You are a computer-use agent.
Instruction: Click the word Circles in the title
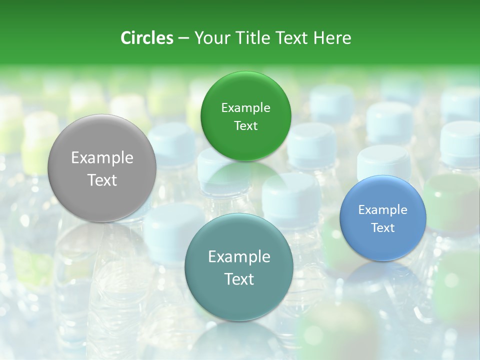point(146,38)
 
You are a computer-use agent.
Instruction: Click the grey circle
point(102,168)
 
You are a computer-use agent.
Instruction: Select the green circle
point(245,116)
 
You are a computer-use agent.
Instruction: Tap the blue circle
point(382,218)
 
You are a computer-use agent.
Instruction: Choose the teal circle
point(239,267)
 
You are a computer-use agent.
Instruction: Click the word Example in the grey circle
point(102,158)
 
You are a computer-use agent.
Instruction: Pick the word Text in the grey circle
point(102,180)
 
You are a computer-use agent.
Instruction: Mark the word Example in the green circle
point(245,108)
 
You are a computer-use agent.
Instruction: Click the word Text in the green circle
point(245,126)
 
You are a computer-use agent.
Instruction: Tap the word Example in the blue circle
point(382,210)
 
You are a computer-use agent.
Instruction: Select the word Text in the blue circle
point(382,228)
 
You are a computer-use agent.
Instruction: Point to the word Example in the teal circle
point(239,257)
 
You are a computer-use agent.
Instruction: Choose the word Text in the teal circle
point(239,279)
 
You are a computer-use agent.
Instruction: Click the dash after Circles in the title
point(183,38)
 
